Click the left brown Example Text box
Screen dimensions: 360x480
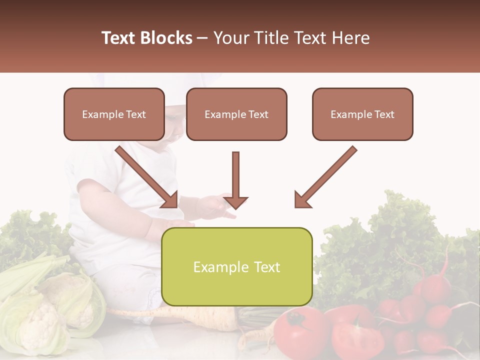[x=114, y=114]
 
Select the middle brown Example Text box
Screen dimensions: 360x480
[x=236, y=114]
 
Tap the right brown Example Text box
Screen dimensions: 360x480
[x=362, y=114]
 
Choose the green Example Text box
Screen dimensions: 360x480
[x=236, y=266]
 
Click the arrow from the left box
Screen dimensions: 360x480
[x=147, y=177]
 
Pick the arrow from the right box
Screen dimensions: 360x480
[x=325, y=177]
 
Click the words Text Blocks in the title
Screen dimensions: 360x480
[x=147, y=38]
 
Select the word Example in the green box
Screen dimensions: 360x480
[x=219, y=267]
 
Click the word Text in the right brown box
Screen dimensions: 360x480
[x=383, y=114]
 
